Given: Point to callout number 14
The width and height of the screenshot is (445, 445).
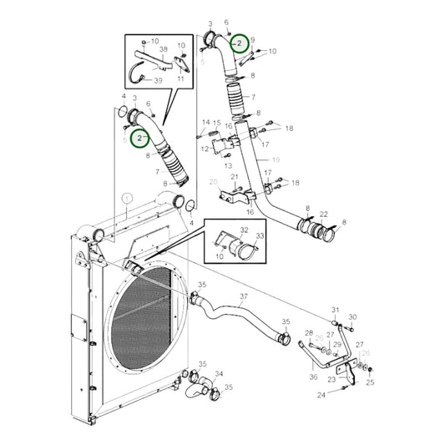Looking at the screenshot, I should point(205,123).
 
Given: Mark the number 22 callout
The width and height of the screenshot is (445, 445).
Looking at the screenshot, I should point(323,214).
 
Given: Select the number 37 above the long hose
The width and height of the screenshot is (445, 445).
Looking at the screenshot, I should point(243,296).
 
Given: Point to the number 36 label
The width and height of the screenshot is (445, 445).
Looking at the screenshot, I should point(313,377).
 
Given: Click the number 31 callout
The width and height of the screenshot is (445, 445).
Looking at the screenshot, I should point(336,309).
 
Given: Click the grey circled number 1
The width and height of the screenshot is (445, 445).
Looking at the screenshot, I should point(126,198).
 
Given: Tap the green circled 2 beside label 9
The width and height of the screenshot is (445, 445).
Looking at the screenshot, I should point(239,43).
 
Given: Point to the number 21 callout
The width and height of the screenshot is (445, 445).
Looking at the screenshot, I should point(235,177).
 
